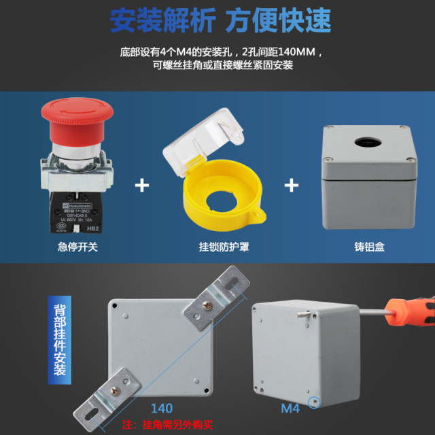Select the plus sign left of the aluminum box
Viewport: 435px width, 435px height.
pyautogui.click(x=292, y=185)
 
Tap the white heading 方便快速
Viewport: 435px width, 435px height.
pyautogui.click(x=279, y=20)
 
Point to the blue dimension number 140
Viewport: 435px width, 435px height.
pyautogui.click(x=161, y=408)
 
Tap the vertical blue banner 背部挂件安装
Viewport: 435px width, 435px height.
pyautogui.click(x=60, y=340)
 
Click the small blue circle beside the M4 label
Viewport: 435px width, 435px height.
pyautogui.click(x=314, y=402)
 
